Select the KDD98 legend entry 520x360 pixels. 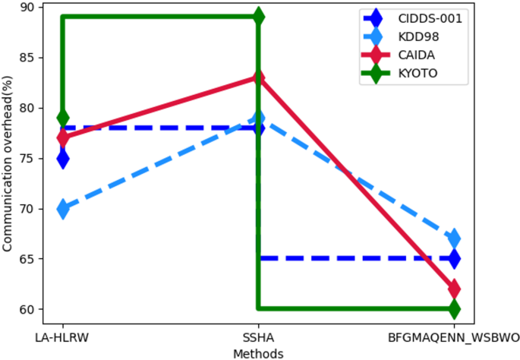tap(405, 36)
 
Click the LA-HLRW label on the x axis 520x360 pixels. tap(62, 336)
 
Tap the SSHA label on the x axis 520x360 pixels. tap(258, 336)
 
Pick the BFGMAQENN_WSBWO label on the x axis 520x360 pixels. tap(454, 336)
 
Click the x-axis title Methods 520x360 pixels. tap(258, 353)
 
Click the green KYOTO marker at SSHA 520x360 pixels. tap(258, 17)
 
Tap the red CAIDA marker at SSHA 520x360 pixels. tap(258, 77)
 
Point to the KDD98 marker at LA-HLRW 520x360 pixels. tap(62, 208)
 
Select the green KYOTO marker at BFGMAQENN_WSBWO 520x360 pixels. tap(454, 309)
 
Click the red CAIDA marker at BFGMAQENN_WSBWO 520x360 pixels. tap(454, 289)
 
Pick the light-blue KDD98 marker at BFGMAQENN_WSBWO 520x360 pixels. tap(454, 238)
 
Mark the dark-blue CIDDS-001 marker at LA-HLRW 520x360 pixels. tap(62, 158)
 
